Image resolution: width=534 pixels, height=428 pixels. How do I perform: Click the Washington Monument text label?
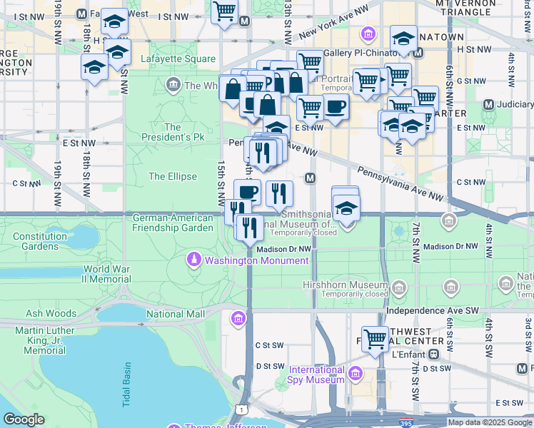pyautogui.click(x=257, y=260)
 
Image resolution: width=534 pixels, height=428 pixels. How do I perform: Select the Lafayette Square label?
pyautogui.click(x=178, y=58)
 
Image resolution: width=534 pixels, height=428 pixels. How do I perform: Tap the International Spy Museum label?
pyautogui.click(x=317, y=374)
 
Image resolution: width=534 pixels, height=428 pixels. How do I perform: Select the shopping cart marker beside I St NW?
pyautogui.click(x=225, y=11)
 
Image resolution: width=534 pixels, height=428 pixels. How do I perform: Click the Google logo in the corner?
pyautogui.click(x=24, y=419)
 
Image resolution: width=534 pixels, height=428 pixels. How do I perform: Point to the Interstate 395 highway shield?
pyautogui.click(x=406, y=422)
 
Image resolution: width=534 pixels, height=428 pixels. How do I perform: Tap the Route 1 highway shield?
pyautogui.click(x=243, y=409)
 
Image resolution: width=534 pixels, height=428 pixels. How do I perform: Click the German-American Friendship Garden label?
pyautogui.click(x=173, y=223)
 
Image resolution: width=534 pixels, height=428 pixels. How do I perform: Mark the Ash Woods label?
pyautogui.click(x=51, y=313)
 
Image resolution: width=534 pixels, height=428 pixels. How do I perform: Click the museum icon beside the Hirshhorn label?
pyautogui.click(x=398, y=288)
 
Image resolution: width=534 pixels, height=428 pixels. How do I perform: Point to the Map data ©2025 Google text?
pyautogui.click(x=489, y=422)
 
